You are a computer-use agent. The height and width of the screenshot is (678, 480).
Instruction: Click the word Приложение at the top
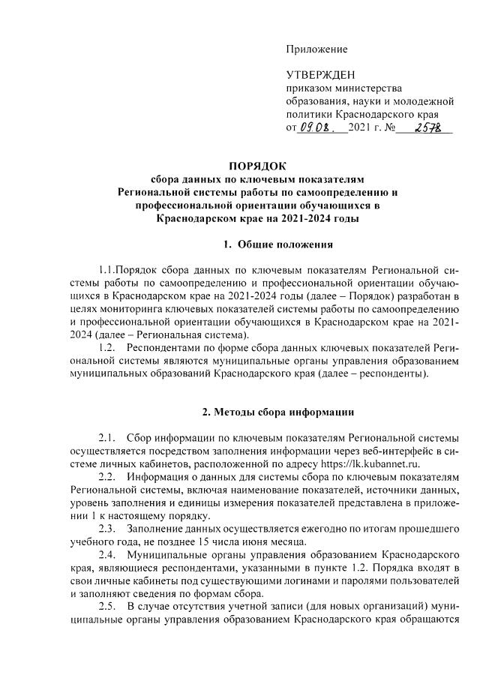click(x=316, y=49)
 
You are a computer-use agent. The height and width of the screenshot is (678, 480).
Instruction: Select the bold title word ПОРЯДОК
click(x=257, y=166)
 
